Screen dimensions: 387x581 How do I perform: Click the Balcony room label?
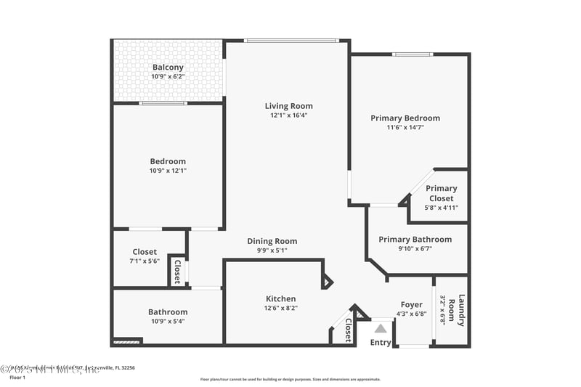point(168,68)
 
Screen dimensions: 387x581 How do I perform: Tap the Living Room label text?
point(288,106)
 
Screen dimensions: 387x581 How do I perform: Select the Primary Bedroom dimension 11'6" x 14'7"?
point(405,128)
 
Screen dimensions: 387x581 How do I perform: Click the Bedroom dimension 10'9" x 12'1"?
point(168,171)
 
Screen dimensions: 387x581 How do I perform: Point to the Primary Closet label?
point(441,193)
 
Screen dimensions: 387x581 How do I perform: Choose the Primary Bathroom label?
point(415,240)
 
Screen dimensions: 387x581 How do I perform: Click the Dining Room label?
point(272,241)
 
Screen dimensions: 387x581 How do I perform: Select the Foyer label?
point(411,304)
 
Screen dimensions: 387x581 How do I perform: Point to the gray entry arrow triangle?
point(381,328)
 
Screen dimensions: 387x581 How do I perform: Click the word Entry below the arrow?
point(381,343)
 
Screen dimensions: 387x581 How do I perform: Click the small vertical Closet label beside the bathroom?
point(177,272)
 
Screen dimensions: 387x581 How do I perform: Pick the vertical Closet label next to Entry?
point(348,330)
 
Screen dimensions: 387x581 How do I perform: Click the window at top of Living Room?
point(290,41)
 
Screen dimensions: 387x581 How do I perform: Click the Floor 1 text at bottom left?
point(17,378)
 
